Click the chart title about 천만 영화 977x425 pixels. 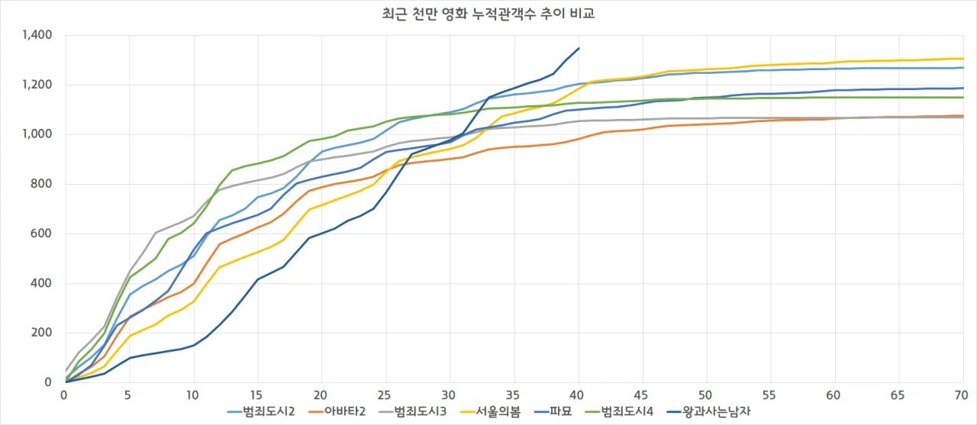click(x=488, y=12)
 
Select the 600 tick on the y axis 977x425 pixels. click(x=42, y=233)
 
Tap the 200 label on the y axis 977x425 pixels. click(x=42, y=333)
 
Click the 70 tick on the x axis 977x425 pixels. click(x=961, y=396)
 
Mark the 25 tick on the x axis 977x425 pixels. click(x=385, y=396)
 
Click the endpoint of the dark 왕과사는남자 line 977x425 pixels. click(x=579, y=48)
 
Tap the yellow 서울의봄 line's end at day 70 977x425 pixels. click(x=962, y=59)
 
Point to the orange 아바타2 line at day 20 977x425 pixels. click(x=322, y=188)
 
